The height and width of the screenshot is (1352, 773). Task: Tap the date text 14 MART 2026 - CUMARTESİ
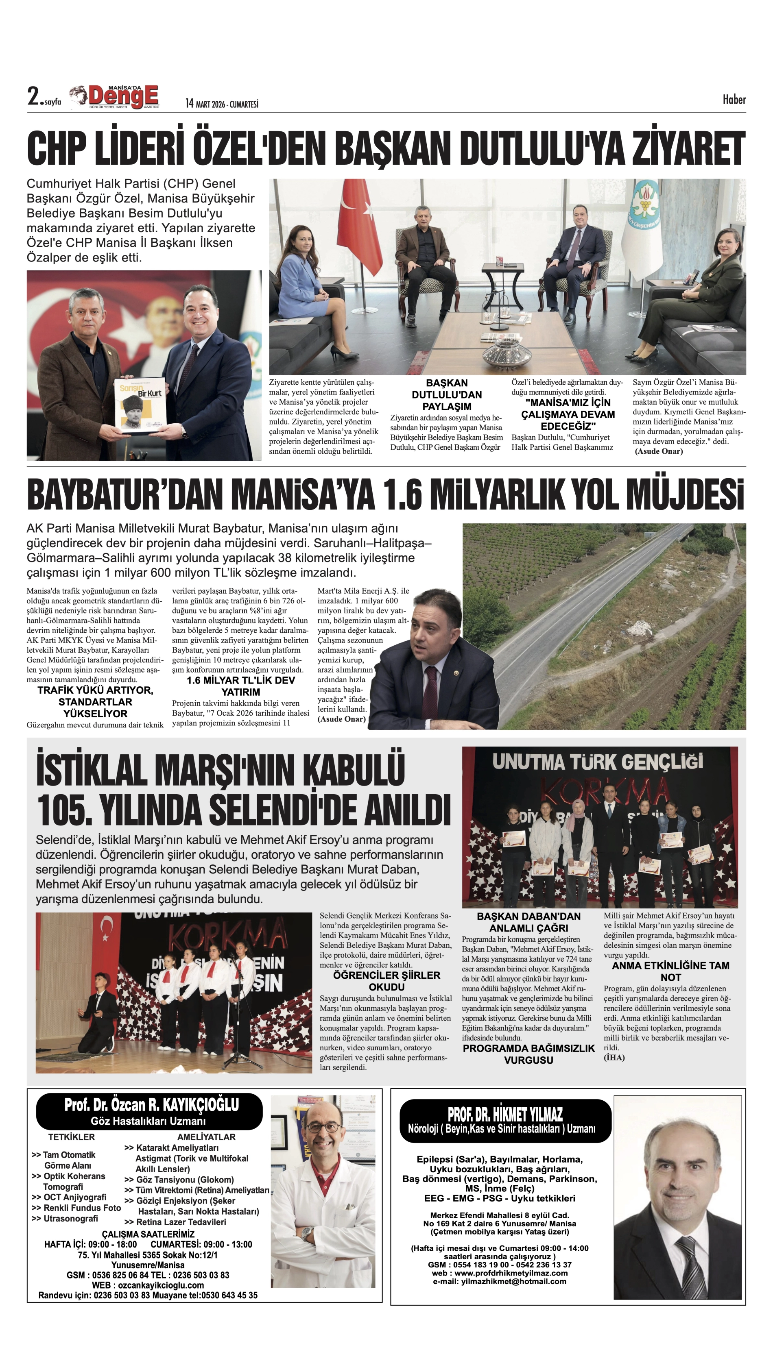coord(221,103)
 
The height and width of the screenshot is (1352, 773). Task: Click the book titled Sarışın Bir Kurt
coord(140,406)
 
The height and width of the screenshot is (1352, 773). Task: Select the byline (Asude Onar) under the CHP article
coord(658,451)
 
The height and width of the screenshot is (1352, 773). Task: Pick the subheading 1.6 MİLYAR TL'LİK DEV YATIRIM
coord(240,686)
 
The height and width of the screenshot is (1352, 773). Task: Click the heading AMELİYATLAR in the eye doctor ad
coord(207,1137)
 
